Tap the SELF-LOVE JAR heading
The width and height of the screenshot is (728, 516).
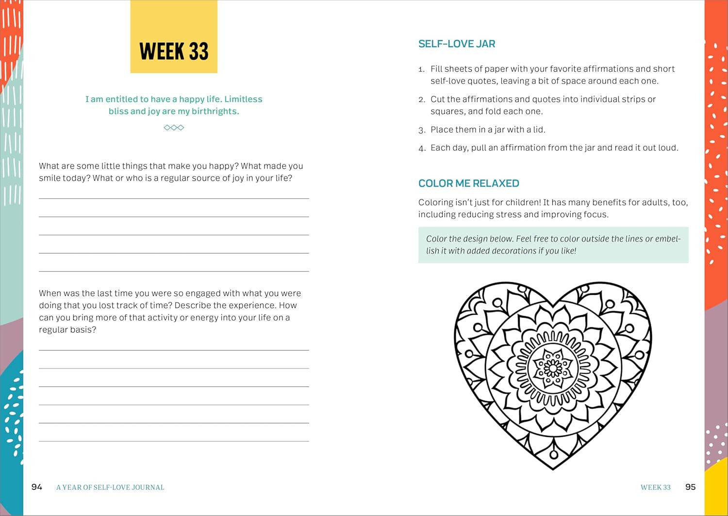click(457, 44)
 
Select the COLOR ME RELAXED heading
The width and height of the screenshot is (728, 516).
click(468, 183)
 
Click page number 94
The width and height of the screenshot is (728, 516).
click(37, 487)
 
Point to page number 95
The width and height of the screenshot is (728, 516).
click(690, 487)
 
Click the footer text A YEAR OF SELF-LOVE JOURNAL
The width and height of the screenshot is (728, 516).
click(110, 487)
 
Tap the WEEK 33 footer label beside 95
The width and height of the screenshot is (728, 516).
click(655, 487)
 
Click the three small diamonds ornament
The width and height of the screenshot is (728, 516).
click(174, 128)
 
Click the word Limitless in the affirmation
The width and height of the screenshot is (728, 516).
click(243, 99)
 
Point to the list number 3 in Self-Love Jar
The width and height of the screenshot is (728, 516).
click(421, 130)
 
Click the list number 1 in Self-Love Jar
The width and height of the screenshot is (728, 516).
click(421, 69)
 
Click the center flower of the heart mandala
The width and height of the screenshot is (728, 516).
click(553, 368)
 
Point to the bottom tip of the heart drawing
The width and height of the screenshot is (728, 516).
click(553, 468)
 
